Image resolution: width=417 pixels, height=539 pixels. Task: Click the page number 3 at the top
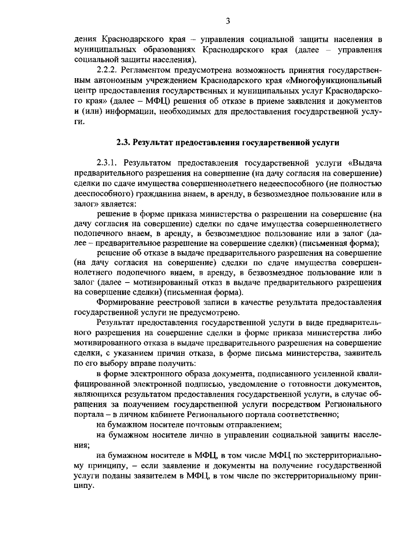point(228,21)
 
